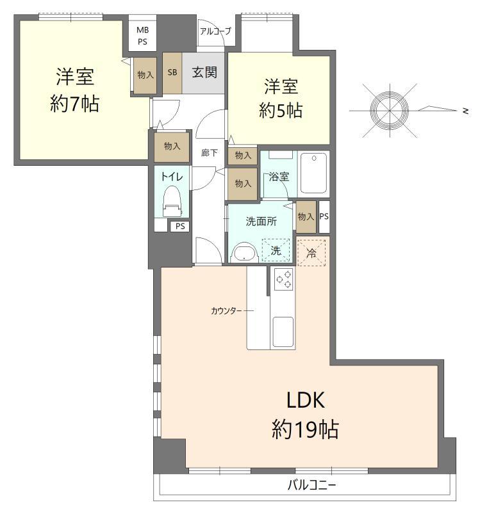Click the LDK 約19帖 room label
click(306, 415)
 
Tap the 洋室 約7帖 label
click(75, 90)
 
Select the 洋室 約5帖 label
click(281, 98)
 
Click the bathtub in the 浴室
click(314, 173)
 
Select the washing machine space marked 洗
click(276, 250)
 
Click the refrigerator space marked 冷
click(311, 252)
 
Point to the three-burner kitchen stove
click(283, 280)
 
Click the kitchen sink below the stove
click(283, 332)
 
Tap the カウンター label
click(226, 311)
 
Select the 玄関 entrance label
click(204, 72)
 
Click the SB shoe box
click(172, 72)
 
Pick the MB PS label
click(142, 36)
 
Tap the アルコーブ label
click(215, 31)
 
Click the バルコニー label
click(311, 485)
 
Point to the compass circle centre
click(390, 110)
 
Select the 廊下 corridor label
click(210, 152)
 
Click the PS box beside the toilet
click(180, 227)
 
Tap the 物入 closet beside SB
click(145, 76)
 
